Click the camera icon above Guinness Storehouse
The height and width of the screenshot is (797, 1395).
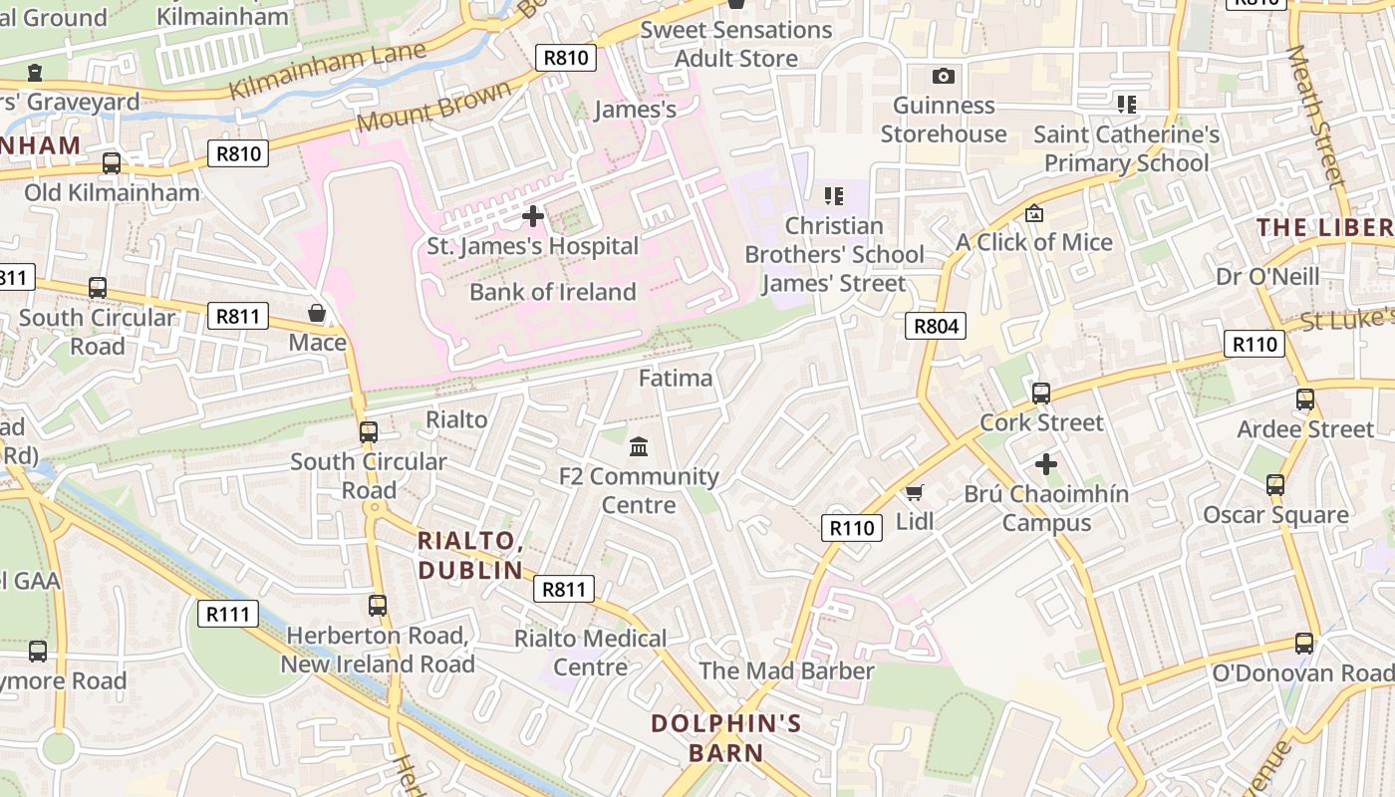pos(943,77)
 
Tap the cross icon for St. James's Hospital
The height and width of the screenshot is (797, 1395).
pos(533,215)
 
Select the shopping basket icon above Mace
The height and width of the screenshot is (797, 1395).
pos(317,314)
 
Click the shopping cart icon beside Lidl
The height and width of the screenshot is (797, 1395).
pos(914,492)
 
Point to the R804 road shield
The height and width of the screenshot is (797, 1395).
pos(936,326)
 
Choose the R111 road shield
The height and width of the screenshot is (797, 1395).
pos(227,614)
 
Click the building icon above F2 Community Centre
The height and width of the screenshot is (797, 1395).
pos(639,446)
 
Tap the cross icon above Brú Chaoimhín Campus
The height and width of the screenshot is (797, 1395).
pos(1045,464)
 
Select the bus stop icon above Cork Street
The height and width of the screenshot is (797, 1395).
pos(1041,394)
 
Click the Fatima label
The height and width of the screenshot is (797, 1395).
pos(676,379)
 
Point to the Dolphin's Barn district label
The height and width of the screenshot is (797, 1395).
pos(725,737)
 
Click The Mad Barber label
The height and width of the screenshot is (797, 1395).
pos(786,670)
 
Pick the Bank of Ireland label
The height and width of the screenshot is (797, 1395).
pos(552,292)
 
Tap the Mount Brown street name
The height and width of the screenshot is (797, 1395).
pos(432,107)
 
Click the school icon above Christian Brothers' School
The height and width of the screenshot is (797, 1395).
pos(834,196)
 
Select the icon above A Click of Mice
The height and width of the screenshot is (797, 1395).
pos(1034,213)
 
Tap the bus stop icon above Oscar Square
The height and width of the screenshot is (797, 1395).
pos(1275,485)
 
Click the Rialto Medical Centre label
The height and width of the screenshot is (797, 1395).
pos(590,653)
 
